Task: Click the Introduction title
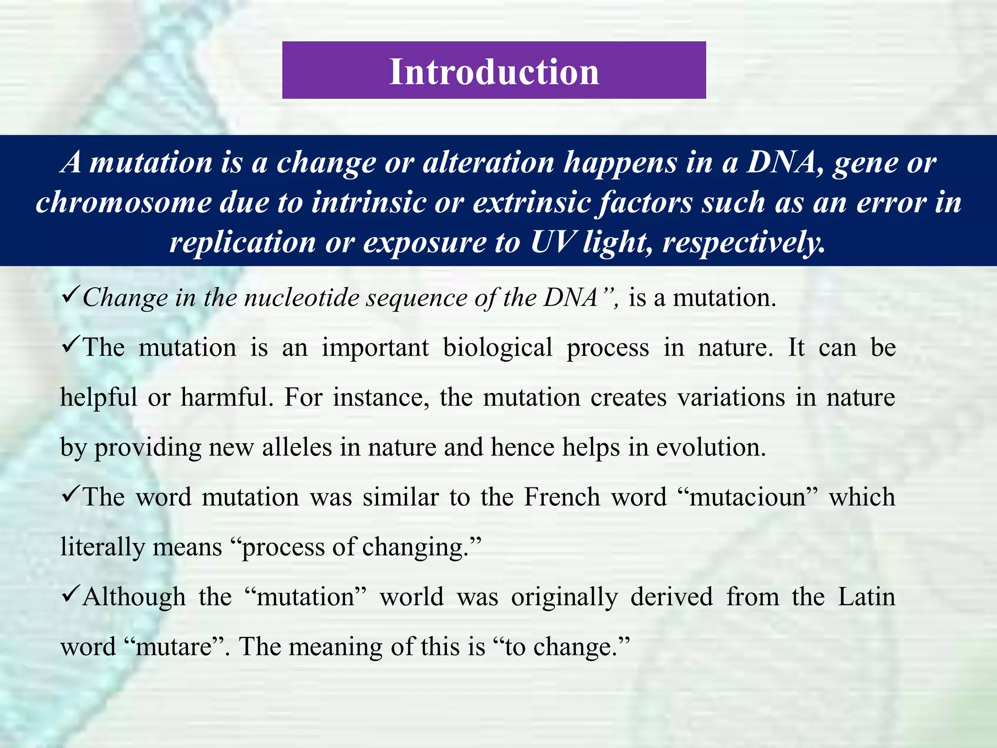point(494,72)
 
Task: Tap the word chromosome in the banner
point(123,202)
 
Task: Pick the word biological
point(498,348)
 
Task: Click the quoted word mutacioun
point(748,497)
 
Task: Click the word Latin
point(867,597)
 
